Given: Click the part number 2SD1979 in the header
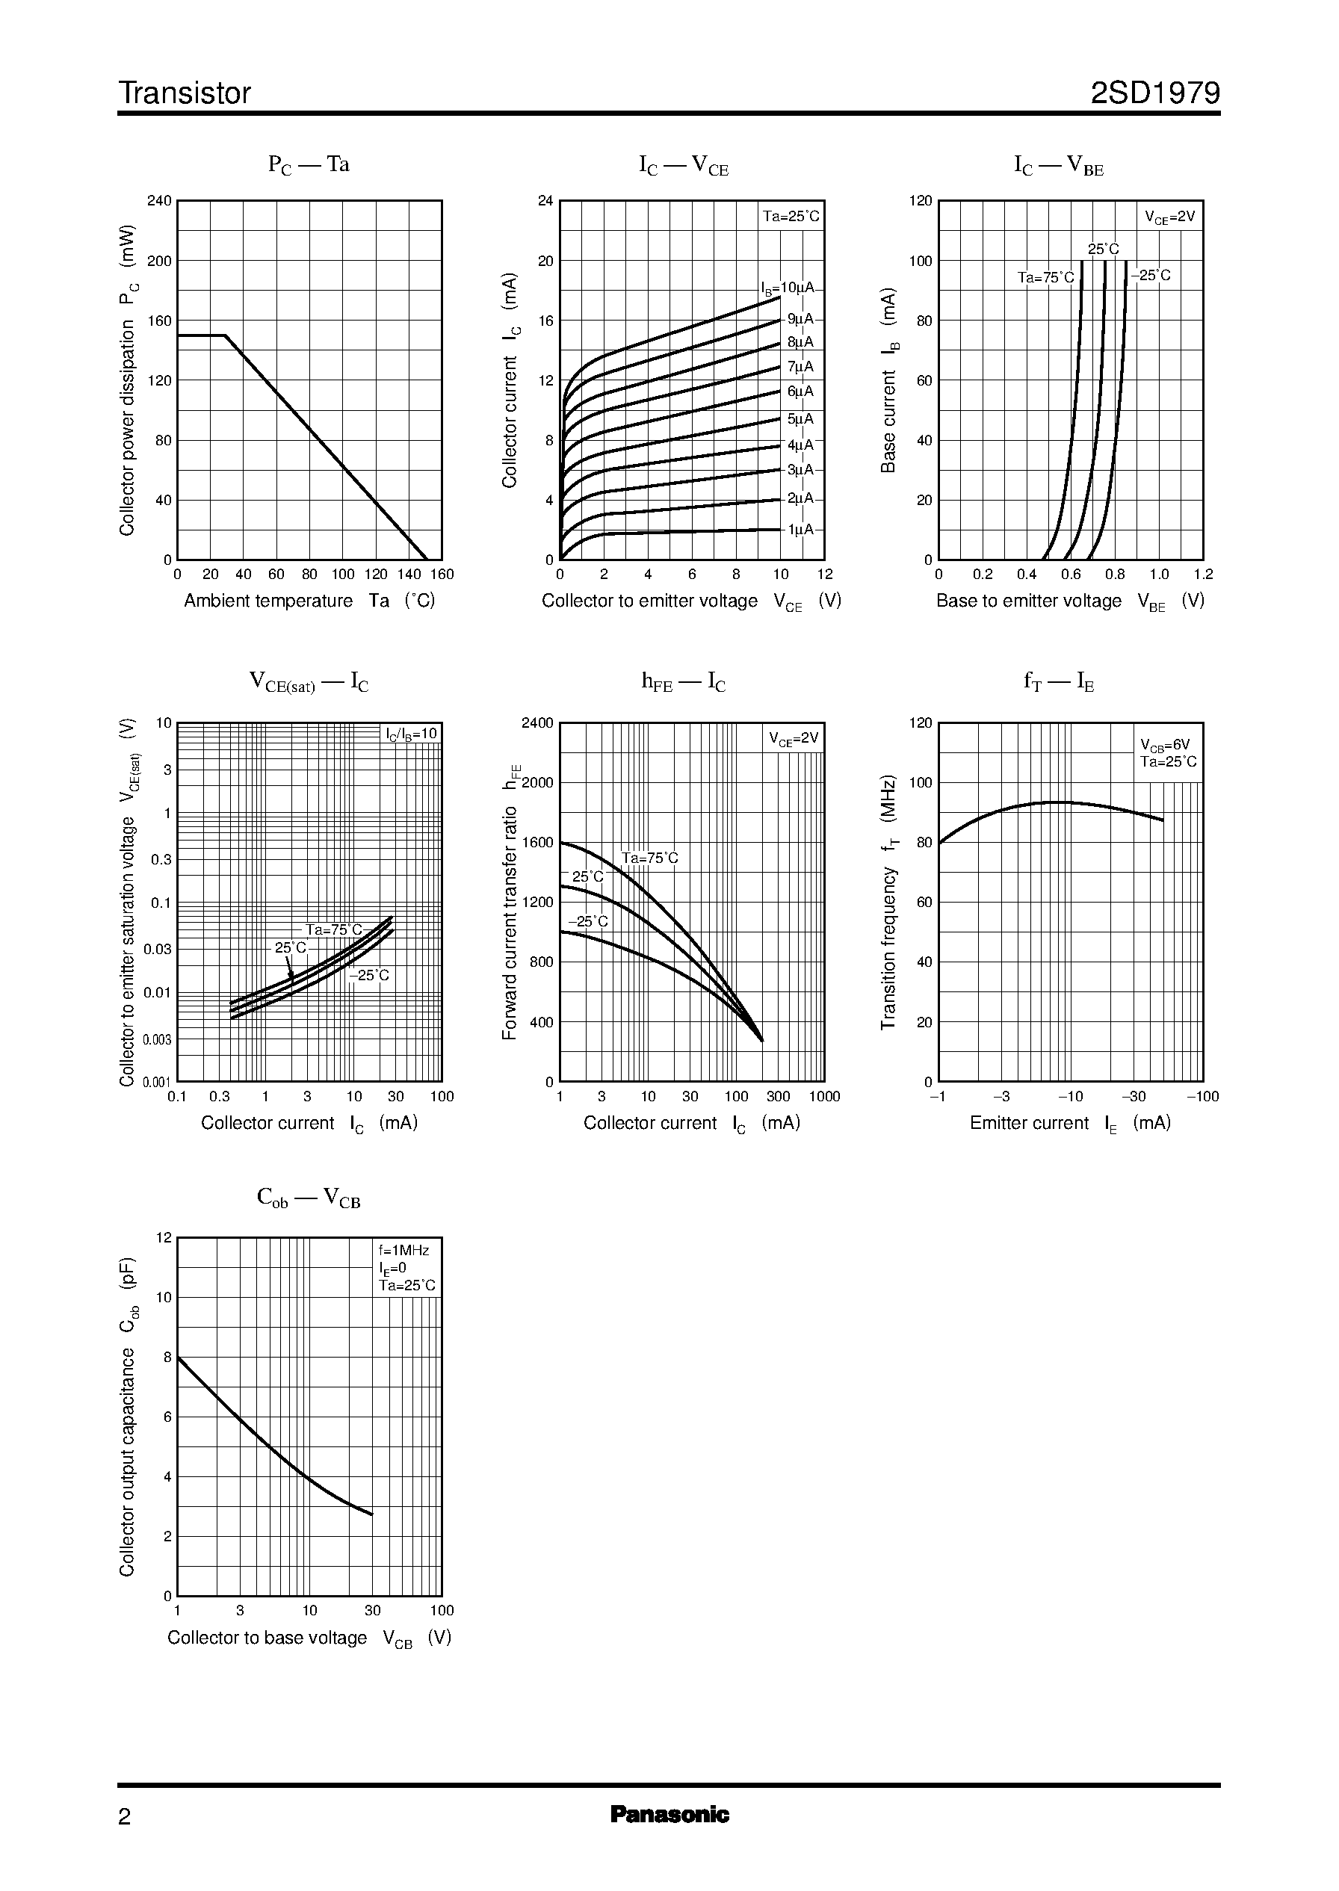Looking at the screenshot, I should [1154, 93].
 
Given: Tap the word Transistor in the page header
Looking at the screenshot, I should [185, 93].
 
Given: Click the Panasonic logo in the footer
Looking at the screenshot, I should [669, 1814].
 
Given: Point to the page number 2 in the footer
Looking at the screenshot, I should [125, 1817].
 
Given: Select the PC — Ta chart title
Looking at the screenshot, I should [309, 165].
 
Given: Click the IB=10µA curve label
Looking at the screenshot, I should [788, 288].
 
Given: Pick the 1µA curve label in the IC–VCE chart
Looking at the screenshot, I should [800, 529].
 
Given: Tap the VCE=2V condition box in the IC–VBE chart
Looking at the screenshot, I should [1169, 217].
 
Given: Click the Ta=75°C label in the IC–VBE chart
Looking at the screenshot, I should [1045, 278].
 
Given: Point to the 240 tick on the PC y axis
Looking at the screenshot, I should [159, 201].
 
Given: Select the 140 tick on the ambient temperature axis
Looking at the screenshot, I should [409, 575].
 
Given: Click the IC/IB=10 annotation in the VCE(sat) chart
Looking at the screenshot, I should [412, 734].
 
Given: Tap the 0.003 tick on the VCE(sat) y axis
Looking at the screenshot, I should [157, 1039].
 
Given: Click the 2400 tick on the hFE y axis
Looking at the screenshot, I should [537, 723].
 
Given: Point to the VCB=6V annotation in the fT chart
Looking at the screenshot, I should [1164, 744].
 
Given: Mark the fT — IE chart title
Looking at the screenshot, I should [1059, 681].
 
